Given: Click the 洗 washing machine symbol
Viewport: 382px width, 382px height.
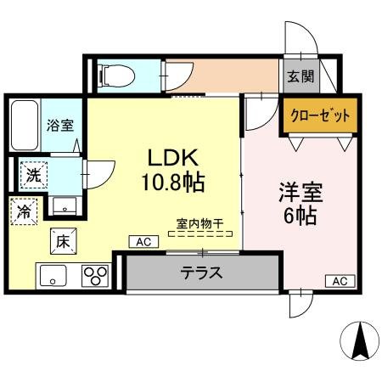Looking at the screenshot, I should pos(32,176).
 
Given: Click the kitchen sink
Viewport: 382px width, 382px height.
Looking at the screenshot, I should pos(53,276).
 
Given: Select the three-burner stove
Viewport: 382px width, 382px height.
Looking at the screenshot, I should pos(95,276).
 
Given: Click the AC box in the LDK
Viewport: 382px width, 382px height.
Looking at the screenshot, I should pos(142,242).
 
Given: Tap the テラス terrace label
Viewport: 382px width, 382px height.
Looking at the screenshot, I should pos(201,273).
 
